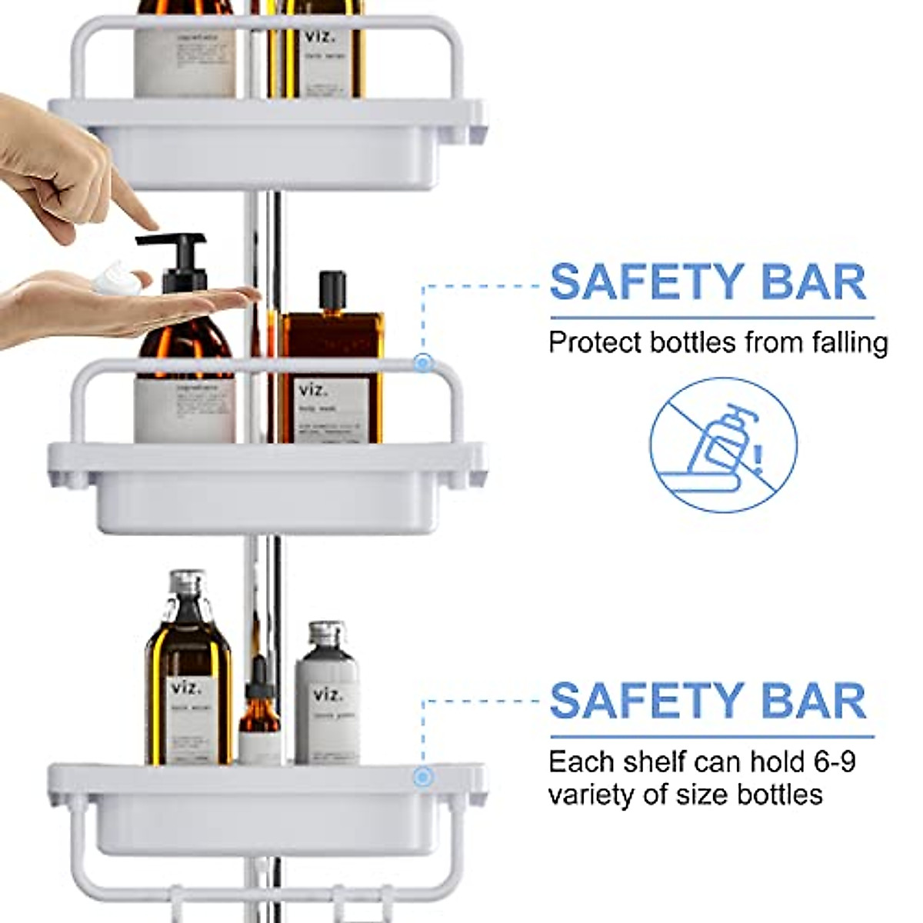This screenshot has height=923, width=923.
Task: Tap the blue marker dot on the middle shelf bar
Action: (422, 362)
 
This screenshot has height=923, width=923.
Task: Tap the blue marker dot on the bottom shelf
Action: (422, 777)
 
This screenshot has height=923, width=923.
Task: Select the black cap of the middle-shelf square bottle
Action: (332, 288)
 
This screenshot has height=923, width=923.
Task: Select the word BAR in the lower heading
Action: (814, 701)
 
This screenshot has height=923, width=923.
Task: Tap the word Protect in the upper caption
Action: (596, 342)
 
